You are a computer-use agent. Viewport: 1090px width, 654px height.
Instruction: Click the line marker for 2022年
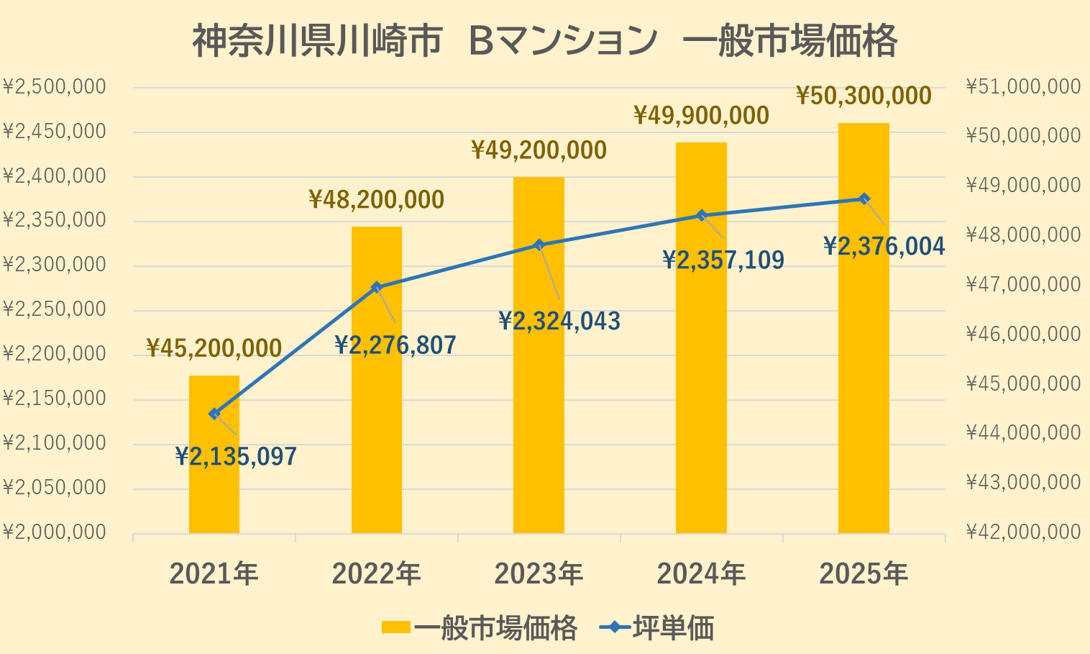(x=376, y=287)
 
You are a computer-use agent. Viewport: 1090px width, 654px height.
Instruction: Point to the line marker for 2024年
(x=702, y=215)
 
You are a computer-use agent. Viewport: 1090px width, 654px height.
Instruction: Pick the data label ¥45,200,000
(x=214, y=348)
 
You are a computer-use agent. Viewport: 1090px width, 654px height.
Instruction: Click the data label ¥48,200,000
(x=376, y=199)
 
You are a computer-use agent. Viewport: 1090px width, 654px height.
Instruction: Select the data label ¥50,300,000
(x=864, y=96)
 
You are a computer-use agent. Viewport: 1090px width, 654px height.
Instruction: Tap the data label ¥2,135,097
(x=236, y=456)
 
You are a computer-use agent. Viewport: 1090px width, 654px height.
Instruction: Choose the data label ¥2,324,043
(x=559, y=321)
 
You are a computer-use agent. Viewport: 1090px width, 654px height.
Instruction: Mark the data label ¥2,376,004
(x=884, y=247)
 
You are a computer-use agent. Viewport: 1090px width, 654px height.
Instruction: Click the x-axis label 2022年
(x=376, y=574)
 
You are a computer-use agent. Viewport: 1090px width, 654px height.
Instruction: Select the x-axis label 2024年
(x=701, y=574)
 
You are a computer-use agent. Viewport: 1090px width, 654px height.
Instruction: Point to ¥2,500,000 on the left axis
(x=55, y=87)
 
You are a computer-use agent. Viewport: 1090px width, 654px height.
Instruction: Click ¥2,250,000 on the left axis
(x=55, y=309)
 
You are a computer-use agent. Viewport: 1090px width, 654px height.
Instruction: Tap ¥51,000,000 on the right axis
(x=1023, y=87)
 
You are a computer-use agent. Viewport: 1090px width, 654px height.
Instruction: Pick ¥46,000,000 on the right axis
(x=1023, y=334)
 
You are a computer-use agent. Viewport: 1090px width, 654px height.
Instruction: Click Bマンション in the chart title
(x=562, y=41)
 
